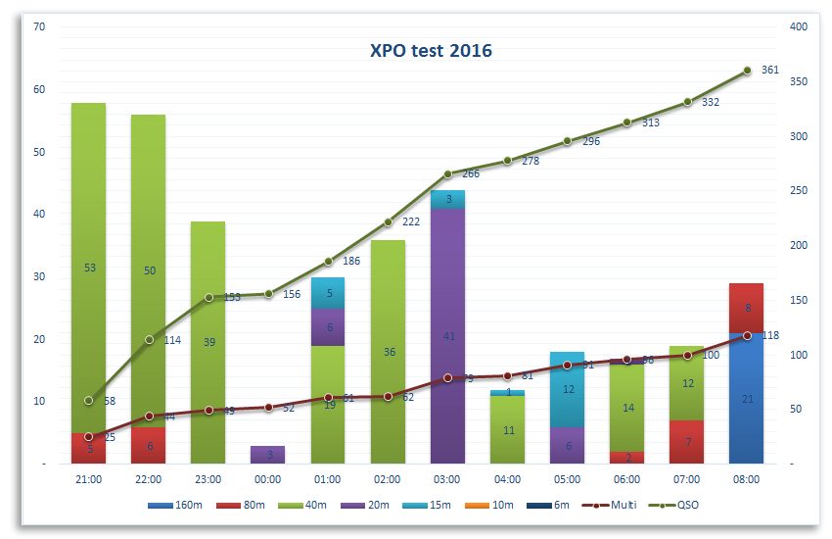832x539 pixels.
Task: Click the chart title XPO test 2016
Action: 431,50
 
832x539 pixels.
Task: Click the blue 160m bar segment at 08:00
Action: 747,399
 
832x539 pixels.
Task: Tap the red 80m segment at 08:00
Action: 747,308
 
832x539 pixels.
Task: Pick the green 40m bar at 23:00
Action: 208,342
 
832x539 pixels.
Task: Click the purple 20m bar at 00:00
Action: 268,455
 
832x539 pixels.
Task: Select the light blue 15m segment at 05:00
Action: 568,389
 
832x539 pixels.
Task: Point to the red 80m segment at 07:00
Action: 687,442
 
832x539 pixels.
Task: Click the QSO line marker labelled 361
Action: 747,71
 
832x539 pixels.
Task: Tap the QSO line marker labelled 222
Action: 388,222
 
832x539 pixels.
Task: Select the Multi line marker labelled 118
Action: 747,335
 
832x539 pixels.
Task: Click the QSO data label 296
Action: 590,142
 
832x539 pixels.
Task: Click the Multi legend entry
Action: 616,505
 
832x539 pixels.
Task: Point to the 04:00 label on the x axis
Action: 507,479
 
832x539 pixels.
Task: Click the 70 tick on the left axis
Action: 40,27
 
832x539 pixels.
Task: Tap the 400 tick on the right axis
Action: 798,27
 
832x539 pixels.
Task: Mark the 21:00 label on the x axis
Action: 88,479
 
